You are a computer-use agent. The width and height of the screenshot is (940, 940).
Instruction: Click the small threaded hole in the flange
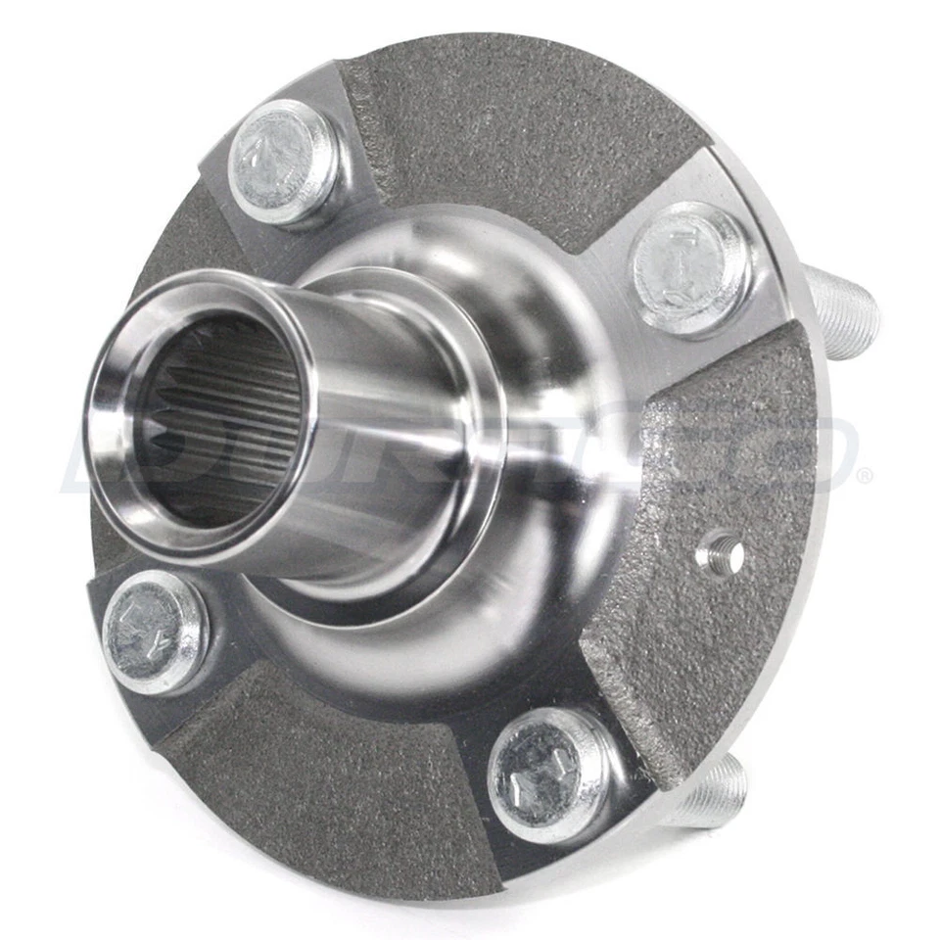[x=720, y=556]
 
